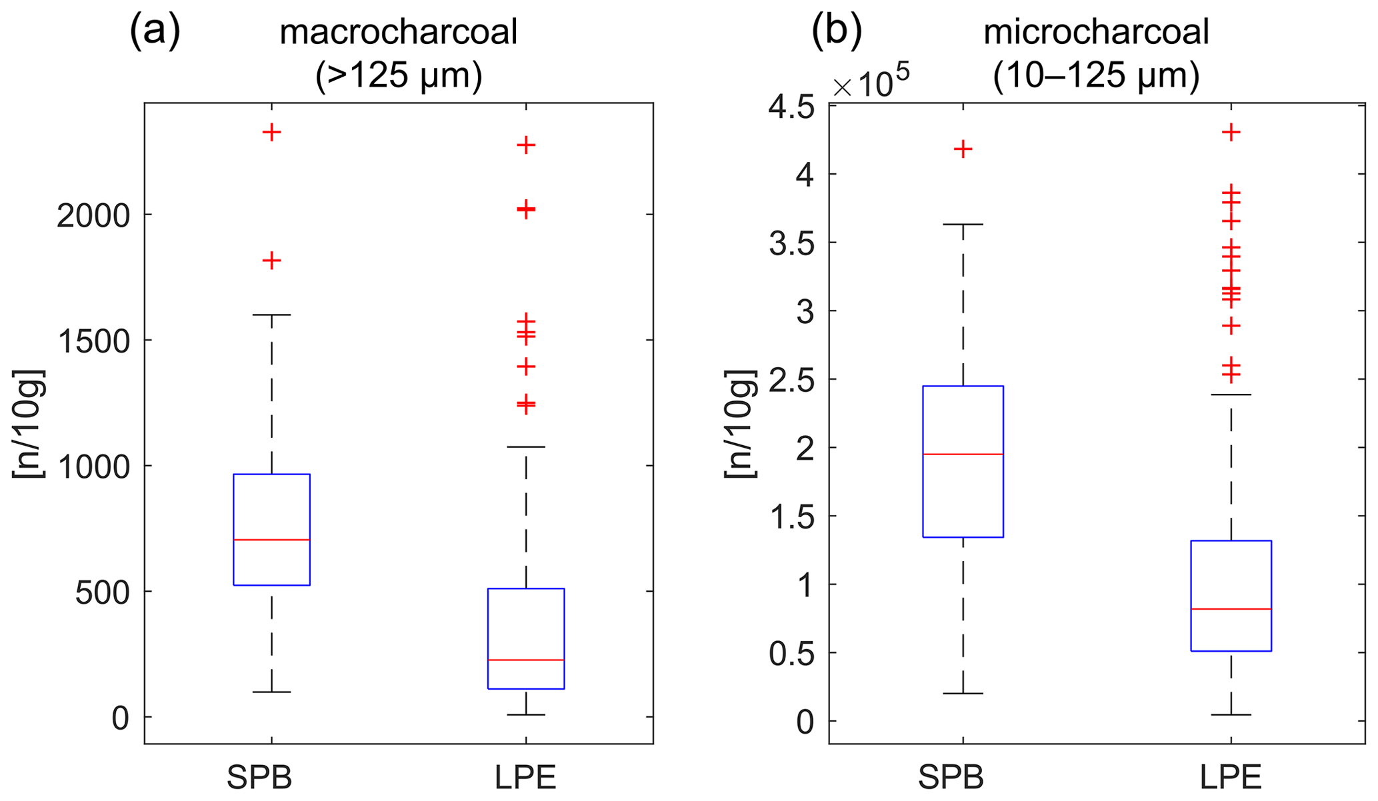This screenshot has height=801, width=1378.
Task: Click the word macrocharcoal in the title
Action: coord(399,32)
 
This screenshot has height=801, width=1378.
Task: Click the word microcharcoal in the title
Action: coord(1096,32)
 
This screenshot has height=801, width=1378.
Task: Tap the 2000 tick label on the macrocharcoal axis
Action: coord(93,215)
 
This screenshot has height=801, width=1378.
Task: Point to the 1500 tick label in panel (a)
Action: coord(93,341)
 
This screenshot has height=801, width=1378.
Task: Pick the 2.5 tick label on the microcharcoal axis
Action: coord(791,380)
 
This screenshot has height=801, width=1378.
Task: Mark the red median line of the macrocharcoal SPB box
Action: coord(271,540)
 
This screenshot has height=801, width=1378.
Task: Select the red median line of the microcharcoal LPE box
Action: coord(1231,609)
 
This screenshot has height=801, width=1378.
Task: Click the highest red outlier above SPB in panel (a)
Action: coord(271,132)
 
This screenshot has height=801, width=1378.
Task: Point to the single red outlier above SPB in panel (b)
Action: coord(963,149)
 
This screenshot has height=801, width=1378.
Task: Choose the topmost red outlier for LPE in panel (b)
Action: coord(1231,132)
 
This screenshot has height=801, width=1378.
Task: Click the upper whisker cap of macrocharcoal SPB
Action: coord(271,315)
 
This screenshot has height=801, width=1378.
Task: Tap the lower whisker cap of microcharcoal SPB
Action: coord(963,694)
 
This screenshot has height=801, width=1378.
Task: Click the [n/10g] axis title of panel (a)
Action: coord(28,423)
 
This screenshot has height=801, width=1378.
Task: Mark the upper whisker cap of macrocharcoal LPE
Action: coord(526,447)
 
